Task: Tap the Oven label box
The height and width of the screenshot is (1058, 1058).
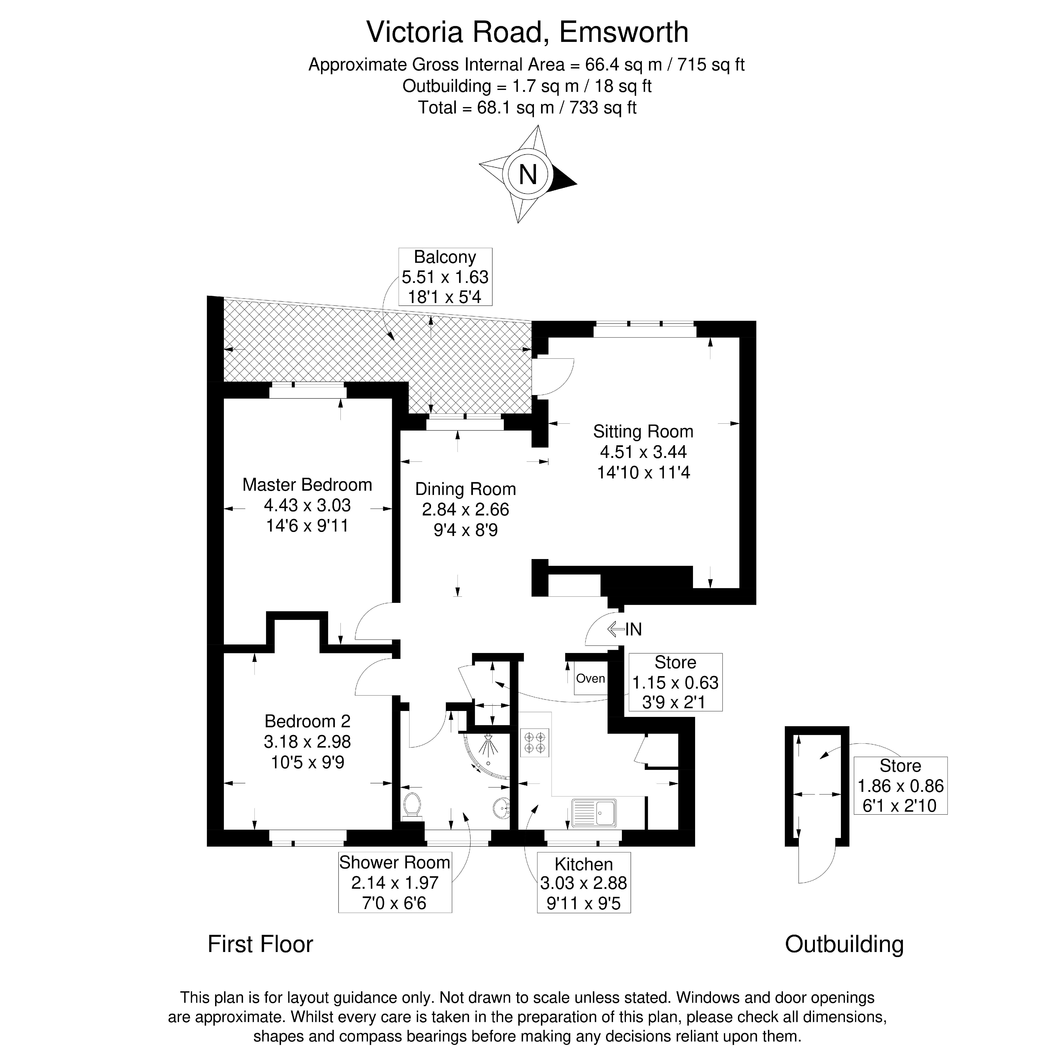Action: point(590,679)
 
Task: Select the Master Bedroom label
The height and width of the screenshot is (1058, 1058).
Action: point(307,485)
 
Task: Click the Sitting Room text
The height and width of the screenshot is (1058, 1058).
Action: point(643,431)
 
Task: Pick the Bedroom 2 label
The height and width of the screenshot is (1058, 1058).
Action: point(307,721)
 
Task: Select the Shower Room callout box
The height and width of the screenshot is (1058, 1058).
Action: point(395,882)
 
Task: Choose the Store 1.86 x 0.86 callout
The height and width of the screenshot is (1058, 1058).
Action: point(900,785)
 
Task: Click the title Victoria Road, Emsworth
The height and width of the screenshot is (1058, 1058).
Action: point(527,32)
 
